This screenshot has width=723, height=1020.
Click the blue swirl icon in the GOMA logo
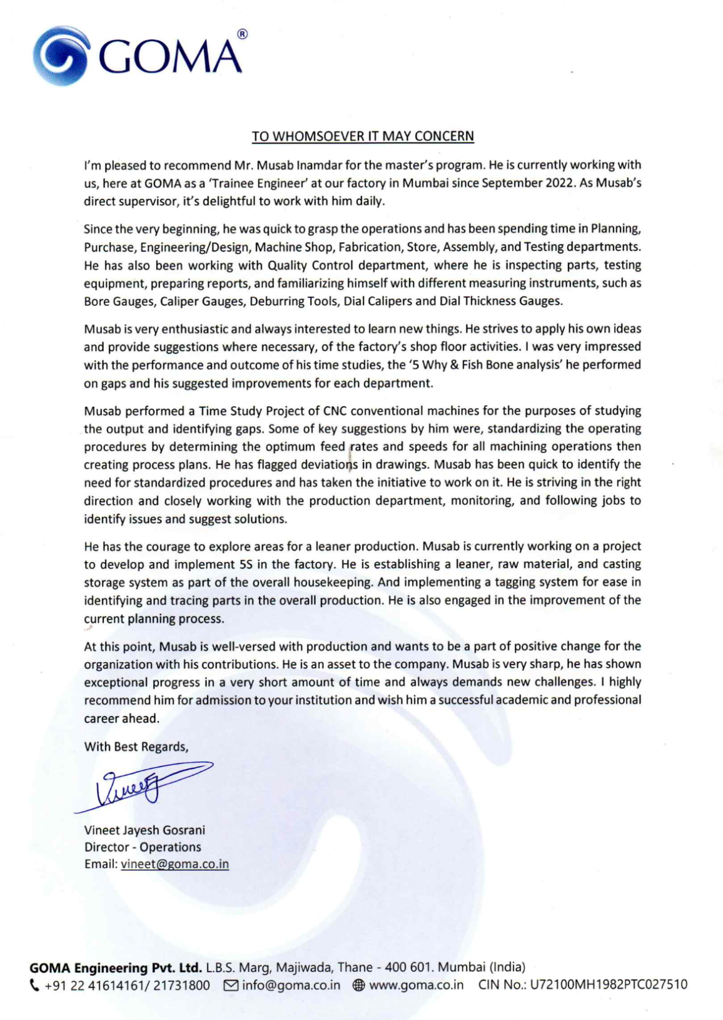tap(61, 56)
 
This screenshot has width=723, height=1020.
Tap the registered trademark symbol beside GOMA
tap(242, 34)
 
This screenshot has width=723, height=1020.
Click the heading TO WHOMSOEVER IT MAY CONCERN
tap(363, 136)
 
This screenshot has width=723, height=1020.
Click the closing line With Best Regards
tap(136, 747)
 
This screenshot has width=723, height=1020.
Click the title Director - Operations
tap(143, 847)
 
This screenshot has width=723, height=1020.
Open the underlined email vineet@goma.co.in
tap(174, 864)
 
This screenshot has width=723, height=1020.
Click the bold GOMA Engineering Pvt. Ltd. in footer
tap(116, 967)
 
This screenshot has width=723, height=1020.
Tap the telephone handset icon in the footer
tap(34, 985)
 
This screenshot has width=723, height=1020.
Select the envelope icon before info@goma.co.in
tap(231, 986)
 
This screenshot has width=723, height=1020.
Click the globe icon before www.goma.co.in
tap(358, 986)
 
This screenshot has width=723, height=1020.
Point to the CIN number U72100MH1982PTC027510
tap(608, 985)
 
